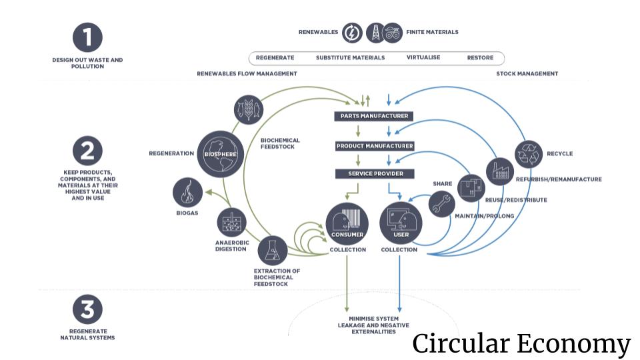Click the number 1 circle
(87, 37)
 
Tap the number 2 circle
(87, 151)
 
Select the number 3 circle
(87, 309)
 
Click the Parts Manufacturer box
(374, 116)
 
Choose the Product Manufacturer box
(375, 145)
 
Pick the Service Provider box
(374, 174)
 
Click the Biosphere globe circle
(217, 154)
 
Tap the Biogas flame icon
(187, 193)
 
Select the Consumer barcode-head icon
(347, 222)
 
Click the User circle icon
(400, 222)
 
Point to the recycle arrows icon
(531, 154)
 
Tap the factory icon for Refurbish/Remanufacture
(500, 172)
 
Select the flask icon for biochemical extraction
(272, 249)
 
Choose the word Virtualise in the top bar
(423, 58)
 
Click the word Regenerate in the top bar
(275, 58)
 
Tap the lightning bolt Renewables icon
(352, 32)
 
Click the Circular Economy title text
(521, 344)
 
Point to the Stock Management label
(527, 73)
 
